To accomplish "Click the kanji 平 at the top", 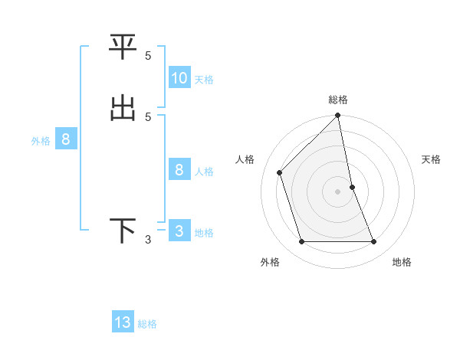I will pyautogui.click(x=123, y=47).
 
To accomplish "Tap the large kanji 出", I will pyautogui.click(x=123, y=108).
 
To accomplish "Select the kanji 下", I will pyautogui.click(x=123, y=231).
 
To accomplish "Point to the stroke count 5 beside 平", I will pyautogui.click(x=148, y=55).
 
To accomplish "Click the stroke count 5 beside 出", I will pyautogui.click(x=148, y=116).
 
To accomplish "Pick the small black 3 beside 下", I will pyautogui.click(x=148, y=240).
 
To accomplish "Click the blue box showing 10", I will pyautogui.click(x=179, y=77).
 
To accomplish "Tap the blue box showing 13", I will pyautogui.click(x=123, y=322).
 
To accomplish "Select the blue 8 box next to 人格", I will pyautogui.click(x=179, y=169).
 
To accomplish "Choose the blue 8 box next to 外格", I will pyautogui.click(x=66, y=139).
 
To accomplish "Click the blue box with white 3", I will pyautogui.click(x=179, y=231).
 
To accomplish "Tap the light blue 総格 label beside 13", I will pyautogui.click(x=147, y=324).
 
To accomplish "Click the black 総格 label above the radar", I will pyautogui.click(x=338, y=100).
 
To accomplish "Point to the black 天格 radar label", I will pyautogui.click(x=432, y=159).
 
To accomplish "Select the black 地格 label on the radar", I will pyautogui.click(x=402, y=262).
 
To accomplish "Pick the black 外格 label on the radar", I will pyautogui.click(x=270, y=262).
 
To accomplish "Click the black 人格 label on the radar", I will pyautogui.click(x=245, y=159).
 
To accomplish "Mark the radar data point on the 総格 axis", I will pyautogui.click(x=338, y=116).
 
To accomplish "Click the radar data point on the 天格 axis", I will pyautogui.click(x=353, y=187).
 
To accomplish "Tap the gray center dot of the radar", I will pyautogui.click(x=338, y=191).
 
